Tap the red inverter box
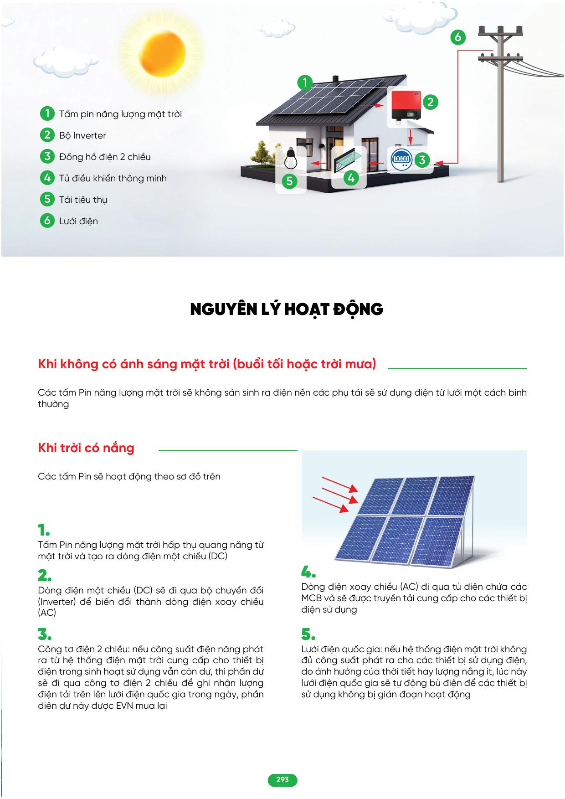(x=404, y=105)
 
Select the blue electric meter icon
(x=401, y=159)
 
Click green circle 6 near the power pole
(x=457, y=37)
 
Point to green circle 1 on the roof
(x=305, y=83)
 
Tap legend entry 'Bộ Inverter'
(x=82, y=135)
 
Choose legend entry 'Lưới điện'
(x=78, y=221)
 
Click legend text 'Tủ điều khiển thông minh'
(x=113, y=178)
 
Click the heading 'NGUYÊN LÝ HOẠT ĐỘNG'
(x=287, y=309)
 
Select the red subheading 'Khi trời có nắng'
(x=86, y=448)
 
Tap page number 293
(x=282, y=780)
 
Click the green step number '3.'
(x=45, y=634)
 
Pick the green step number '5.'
(x=308, y=634)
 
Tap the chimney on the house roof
(x=335, y=79)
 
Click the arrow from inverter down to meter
(x=411, y=136)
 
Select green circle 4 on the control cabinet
(x=350, y=178)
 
